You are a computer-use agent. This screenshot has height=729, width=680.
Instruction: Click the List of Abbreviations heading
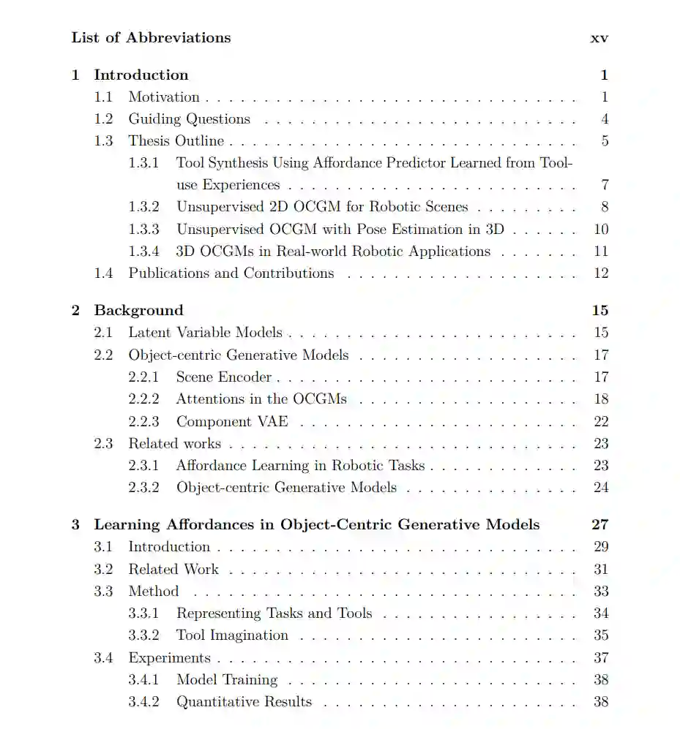[x=151, y=38]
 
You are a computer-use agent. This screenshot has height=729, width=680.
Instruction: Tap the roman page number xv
[x=599, y=38]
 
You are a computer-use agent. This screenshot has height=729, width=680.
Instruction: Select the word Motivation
[x=164, y=97]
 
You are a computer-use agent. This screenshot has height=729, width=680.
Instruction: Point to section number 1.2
[x=103, y=119]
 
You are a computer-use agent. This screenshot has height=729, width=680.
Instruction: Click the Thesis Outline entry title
[x=176, y=141]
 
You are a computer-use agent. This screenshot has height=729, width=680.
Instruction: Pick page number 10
[x=601, y=230]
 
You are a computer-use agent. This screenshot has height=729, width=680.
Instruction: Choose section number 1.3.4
[x=143, y=252]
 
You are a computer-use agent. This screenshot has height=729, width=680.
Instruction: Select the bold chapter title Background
[x=138, y=311]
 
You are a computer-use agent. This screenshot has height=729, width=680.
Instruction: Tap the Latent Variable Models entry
[x=205, y=333]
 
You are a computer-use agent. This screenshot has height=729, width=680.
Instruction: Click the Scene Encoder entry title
[x=223, y=377]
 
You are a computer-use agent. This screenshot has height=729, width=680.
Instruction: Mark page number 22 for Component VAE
[x=601, y=422]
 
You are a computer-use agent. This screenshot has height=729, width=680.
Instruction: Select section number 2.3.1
[x=143, y=466]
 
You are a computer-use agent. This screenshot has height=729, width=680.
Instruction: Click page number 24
[x=601, y=488]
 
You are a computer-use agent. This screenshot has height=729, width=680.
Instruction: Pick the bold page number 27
[x=599, y=525]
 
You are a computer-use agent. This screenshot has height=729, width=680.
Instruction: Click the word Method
[x=153, y=591]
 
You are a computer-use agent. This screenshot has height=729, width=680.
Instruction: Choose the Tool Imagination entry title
[x=232, y=635]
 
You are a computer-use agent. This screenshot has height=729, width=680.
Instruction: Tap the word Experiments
[x=169, y=657]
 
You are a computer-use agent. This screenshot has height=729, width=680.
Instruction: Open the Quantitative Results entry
[x=244, y=702]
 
